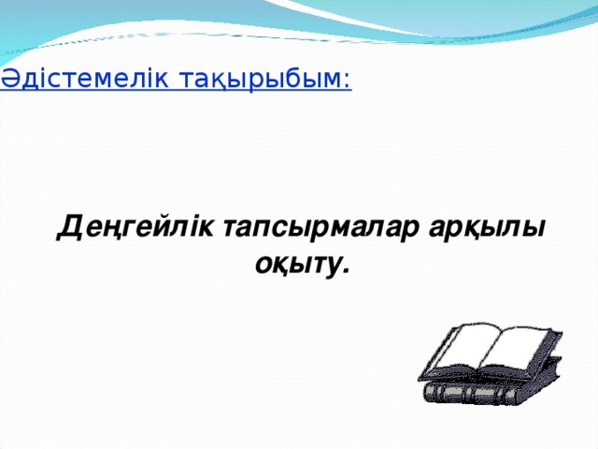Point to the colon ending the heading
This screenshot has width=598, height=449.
[x=348, y=82]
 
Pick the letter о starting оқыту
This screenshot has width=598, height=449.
[x=263, y=266]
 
